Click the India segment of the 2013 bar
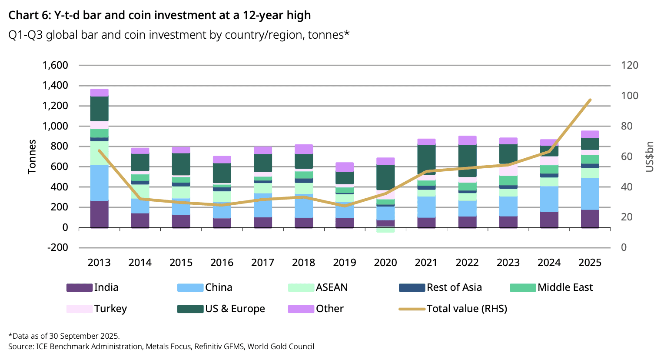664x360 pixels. [99, 214]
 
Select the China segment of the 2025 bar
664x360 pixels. [590, 194]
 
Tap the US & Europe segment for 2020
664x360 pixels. [385, 177]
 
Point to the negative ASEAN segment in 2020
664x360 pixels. [385, 230]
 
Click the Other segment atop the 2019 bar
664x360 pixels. [345, 167]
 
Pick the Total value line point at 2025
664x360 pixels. [590, 100]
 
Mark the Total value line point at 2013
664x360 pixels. [99, 151]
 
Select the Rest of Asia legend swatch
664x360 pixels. [412, 288]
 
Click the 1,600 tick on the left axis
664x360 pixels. [55, 65]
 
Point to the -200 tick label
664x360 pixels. [57, 247]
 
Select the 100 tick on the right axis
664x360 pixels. [630, 96]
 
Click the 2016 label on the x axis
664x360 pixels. [222, 263]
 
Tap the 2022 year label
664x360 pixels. [467, 263]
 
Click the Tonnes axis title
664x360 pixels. [32, 157]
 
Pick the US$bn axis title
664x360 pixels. [650, 157]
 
